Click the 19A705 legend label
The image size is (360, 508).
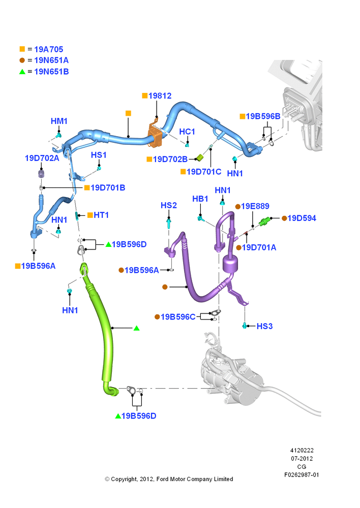point(49,49)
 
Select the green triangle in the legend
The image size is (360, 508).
point(22,72)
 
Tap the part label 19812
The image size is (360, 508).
point(160,96)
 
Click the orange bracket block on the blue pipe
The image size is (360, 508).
point(156,135)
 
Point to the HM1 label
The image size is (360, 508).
point(59,121)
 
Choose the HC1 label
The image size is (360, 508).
point(187,132)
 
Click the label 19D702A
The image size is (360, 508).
point(42,158)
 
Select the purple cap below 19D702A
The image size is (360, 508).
point(41,173)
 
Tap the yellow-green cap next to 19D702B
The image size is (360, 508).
point(200,158)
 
